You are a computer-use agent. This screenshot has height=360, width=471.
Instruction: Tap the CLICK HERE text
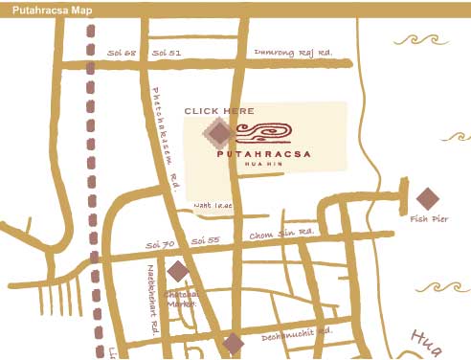click(219, 111)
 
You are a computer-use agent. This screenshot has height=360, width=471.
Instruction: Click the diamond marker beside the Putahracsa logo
click(218, 133)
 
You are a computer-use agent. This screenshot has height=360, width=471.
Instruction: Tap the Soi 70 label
click(161, 245)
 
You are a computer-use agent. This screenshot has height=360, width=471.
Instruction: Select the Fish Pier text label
click(426, 218)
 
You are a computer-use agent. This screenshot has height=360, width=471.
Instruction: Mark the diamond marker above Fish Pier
click(427, 198)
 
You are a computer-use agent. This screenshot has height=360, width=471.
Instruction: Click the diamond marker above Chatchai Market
click(178, 271)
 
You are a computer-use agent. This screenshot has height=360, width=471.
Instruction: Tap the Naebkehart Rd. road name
click(152, 307)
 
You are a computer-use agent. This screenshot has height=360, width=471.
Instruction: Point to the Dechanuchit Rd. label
click(298, 332)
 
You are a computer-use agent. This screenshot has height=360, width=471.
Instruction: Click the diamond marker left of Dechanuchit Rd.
click(233, 344)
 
